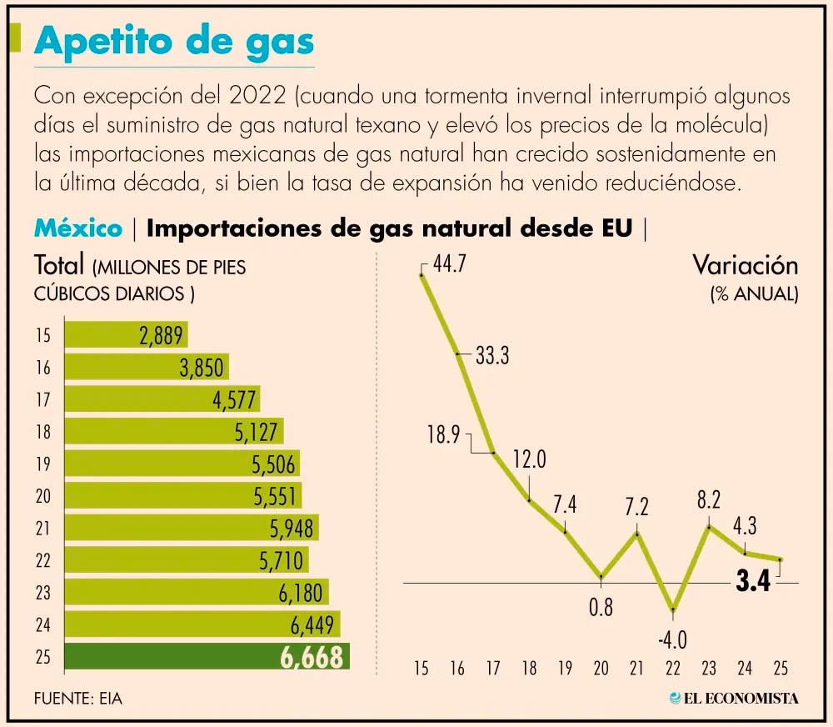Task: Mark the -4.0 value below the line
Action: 672,640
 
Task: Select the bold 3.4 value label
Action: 752,582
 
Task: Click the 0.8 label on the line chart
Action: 601,607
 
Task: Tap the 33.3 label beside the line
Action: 492,356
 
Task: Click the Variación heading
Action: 746,265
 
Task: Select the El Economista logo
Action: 734,698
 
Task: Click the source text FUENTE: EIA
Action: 78,698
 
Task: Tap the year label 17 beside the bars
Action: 43,399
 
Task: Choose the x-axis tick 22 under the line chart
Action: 672,668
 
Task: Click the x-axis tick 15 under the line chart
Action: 421,668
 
